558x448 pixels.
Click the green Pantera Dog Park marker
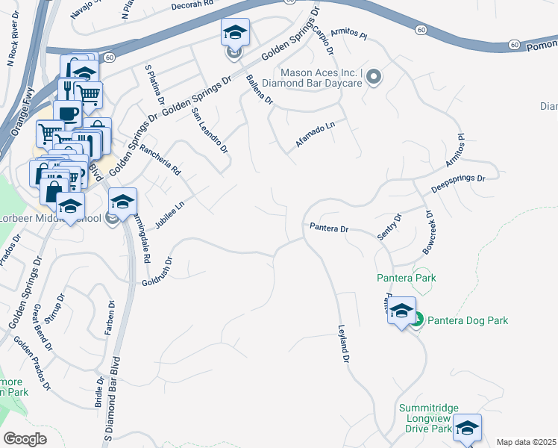pyautogui.click(x=417, y=320)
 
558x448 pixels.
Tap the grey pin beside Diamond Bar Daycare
pyautogui.click(x=374, y=77)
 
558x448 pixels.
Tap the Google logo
pyautogui.click(x=25, y=439)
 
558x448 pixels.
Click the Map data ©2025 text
pyautogui.click(x=526, y=442)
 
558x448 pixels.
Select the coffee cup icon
pyautogui.click(x=67, y=114)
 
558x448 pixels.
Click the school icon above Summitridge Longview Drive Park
pyautogui.click(x=467, y=428)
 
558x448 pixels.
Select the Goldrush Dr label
pyautogui.click(x=157, y=272)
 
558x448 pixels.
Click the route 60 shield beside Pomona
pyautogui.click(x=515, y=45)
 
